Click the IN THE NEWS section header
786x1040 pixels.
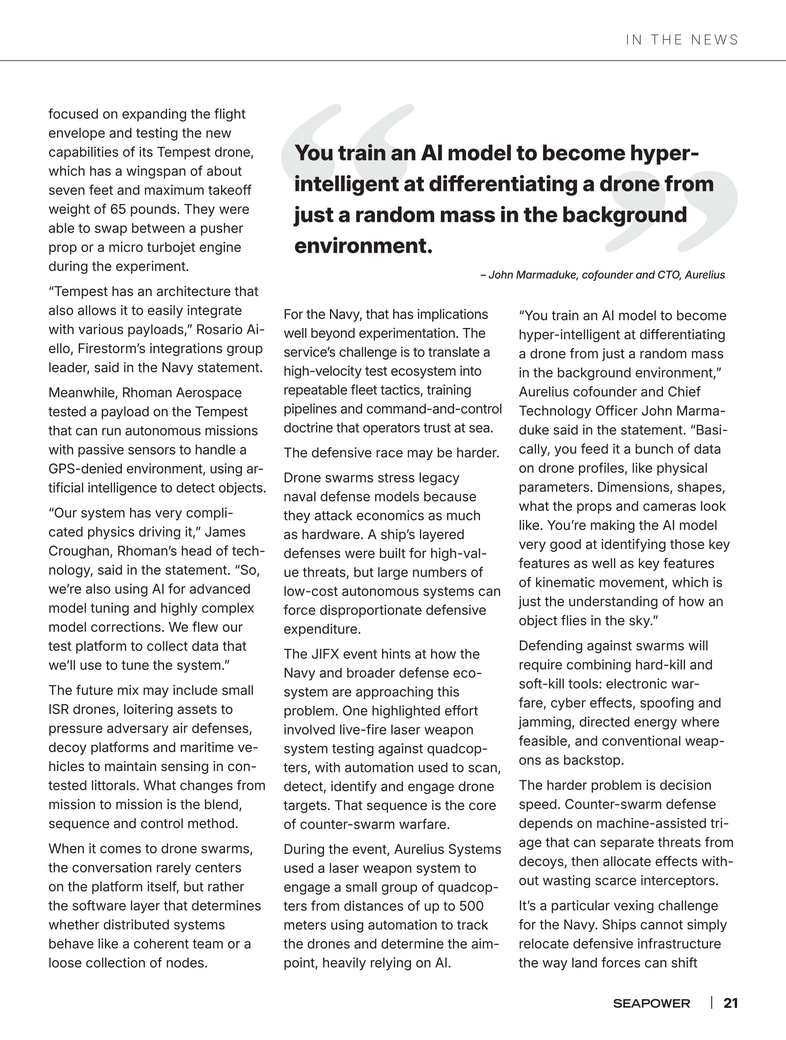coord(682,40)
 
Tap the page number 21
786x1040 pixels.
coord(731,1003)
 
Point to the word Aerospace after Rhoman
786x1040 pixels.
coord(209,392)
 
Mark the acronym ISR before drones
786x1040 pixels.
coord(60,709)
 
